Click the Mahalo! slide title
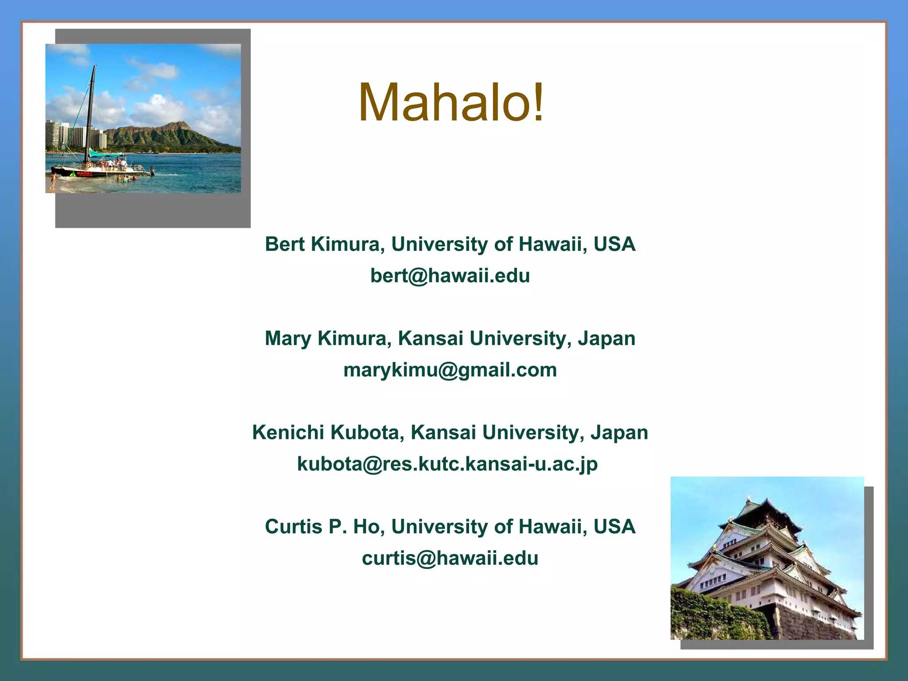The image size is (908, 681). pos(451,103)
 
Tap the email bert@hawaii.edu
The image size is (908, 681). pos(450,276)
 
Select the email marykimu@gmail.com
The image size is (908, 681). pos(450,370)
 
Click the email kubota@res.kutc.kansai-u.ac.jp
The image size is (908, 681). pos(447,464)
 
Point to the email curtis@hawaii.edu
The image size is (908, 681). pos(450,558)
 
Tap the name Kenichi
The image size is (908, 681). pos(288,433)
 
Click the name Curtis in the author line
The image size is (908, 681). pos(293,527)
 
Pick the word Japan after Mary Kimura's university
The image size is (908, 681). pos(606,339)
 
